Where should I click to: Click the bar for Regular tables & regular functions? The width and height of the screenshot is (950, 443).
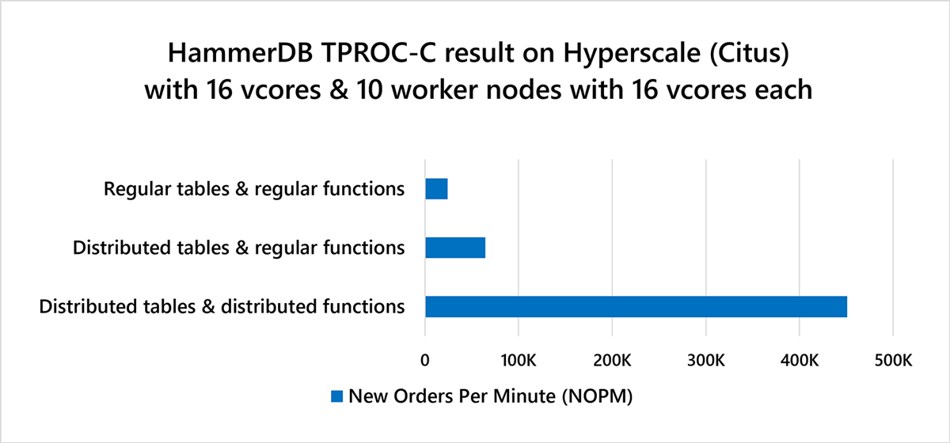click(x=436, y=188)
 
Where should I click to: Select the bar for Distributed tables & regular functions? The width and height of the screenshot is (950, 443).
click(x=455, y=248)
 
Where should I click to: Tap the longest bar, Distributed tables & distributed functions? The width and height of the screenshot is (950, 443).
click(x=636, y=306)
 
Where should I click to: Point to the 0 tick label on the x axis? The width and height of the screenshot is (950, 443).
click(x=425, y=361)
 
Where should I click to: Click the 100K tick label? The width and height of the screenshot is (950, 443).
click(x=519, y=361)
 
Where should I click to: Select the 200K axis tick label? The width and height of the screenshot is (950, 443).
click(x=612, y=361)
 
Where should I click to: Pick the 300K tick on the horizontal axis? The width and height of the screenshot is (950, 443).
click(x=705, y=361)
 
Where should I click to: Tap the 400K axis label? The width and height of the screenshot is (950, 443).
click(x=800, y=361)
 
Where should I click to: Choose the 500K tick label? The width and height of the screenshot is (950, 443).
click(x=893, y=361)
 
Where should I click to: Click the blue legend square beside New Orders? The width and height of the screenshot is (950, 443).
click(x=336, y=396)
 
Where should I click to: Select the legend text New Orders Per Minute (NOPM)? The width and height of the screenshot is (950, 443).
click(x=491, y=396)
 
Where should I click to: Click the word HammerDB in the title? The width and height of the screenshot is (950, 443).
click(x=241, y=53)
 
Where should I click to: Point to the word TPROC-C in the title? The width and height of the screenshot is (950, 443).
click(x=378, y=53)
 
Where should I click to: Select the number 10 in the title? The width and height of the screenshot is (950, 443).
click(x=370, y=90)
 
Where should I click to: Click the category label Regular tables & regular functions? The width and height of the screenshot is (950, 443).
click(x=254, y=189)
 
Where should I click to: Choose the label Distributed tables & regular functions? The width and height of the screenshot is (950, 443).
click(x=239, y=248)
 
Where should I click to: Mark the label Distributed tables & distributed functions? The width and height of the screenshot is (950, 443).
click(x=222, y=307)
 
